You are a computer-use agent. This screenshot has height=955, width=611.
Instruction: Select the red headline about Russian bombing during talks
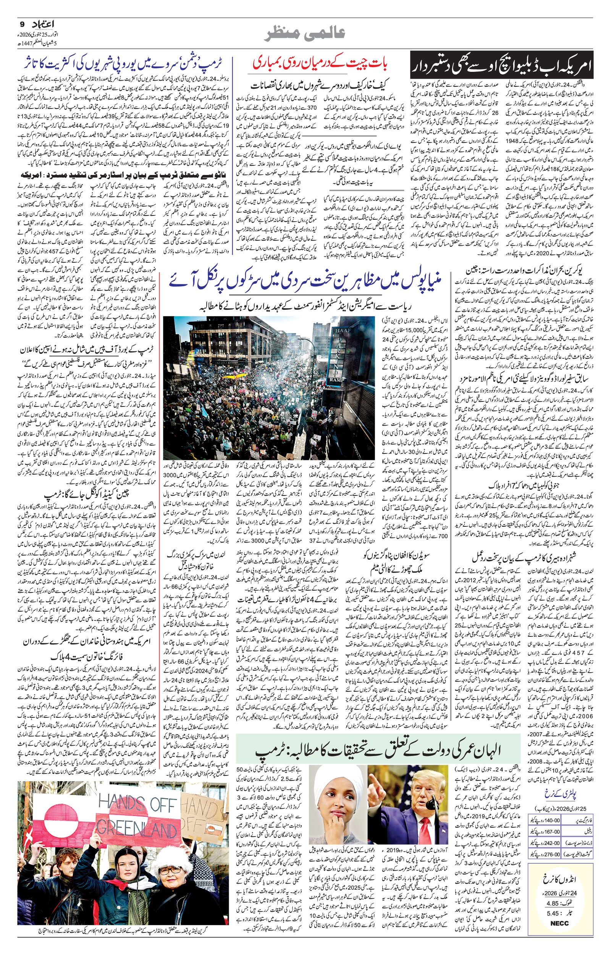[x=320, y=63]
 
